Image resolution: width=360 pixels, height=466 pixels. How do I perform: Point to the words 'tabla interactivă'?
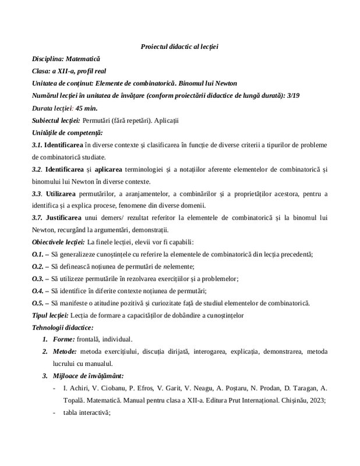pyautogui.click(x=86, y=413)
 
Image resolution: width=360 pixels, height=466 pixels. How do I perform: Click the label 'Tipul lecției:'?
pyautogui.click(x=51, y=315)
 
